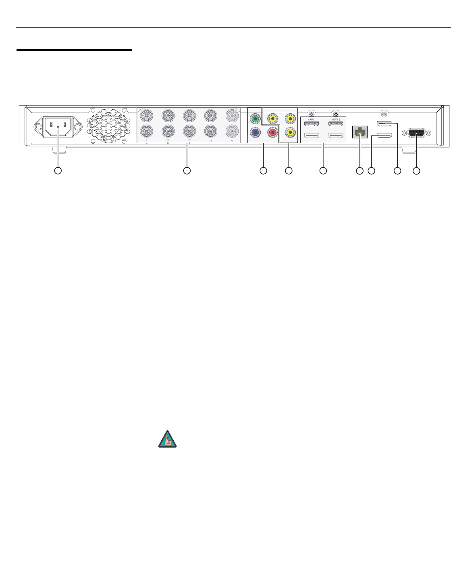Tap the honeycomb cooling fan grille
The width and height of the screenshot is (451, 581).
[108, 125]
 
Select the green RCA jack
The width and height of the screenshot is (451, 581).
[254, 119]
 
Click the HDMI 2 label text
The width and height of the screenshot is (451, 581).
[335, 119]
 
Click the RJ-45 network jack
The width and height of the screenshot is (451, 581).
[360, 132]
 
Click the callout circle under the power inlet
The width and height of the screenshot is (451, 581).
[58, 171]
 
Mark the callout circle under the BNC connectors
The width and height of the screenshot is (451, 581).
[187, 171]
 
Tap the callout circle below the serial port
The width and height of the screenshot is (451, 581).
[416, 171]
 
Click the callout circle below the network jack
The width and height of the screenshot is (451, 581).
[360, 171]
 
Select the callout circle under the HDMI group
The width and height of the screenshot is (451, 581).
[323, 171]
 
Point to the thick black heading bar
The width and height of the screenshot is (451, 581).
[74, 50]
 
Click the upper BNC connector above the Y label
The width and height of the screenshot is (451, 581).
[146, 116]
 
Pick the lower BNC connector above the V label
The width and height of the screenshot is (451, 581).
[232, 131]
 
